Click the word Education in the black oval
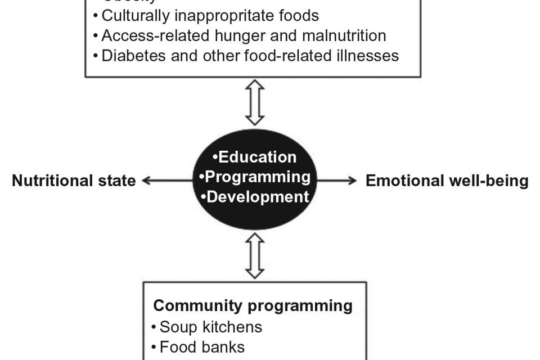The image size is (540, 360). (257, 157)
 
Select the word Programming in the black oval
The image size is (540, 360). (258, 177)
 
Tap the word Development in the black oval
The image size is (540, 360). (258, 197)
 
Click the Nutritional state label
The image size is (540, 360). (74, 181)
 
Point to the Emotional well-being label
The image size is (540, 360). (447, 181)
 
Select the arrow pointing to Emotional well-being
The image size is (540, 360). (337, 181)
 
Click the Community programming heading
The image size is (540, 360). (253, 305)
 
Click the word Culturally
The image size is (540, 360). (133, 15)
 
